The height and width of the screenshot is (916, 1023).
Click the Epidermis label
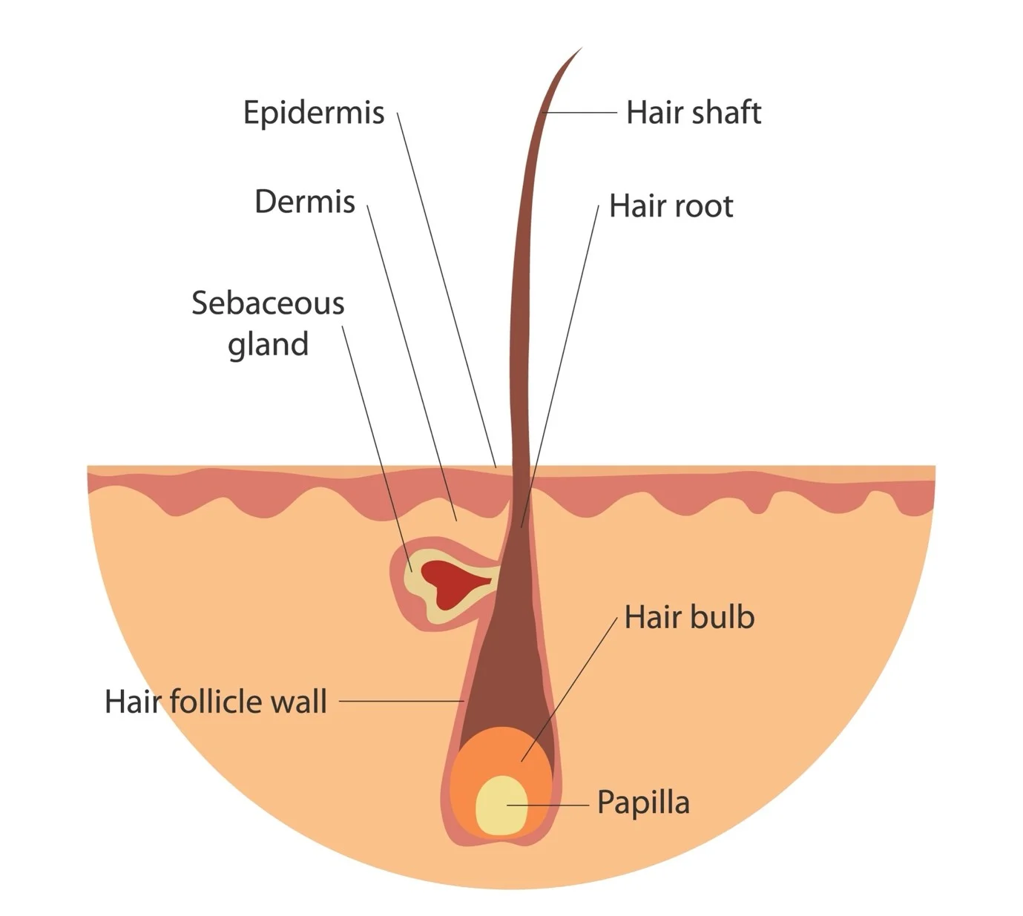314,113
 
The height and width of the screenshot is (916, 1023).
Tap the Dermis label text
305,202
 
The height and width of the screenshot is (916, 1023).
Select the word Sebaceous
268,303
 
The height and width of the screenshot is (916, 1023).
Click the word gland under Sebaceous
268,345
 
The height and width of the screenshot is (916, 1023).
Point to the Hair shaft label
693,113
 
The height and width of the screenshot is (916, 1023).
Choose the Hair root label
671,206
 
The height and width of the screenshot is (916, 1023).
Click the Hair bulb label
689,617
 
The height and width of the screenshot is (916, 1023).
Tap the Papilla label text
643,803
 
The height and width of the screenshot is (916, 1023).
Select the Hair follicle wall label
215,702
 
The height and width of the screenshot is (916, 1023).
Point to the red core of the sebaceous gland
449,578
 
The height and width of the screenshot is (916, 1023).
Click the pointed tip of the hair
579,51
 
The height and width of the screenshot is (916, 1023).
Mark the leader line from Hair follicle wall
401,701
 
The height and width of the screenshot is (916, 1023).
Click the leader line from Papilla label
553,805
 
